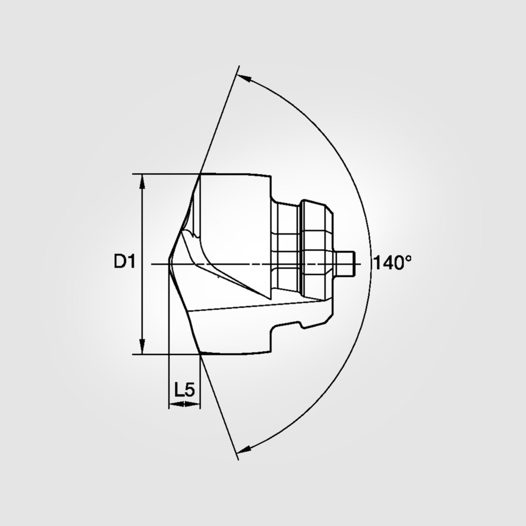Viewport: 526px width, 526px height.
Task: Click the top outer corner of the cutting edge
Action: coord(200,174)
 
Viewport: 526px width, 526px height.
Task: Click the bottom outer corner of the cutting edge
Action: coord(200,354)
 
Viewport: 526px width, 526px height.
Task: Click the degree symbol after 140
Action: coord(408,258)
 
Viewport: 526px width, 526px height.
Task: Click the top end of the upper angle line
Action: coord(239,66)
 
